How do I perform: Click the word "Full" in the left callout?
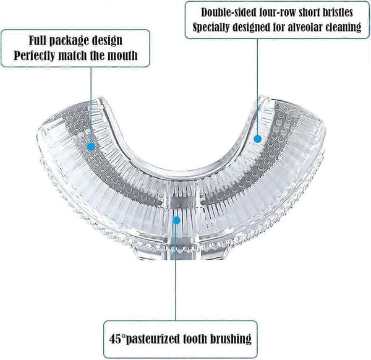pos(38,40)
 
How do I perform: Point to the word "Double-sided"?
pos(229,12)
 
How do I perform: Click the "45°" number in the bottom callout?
pos(117,339)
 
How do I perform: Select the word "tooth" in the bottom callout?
pos(195,339)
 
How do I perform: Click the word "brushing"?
pos(231,340)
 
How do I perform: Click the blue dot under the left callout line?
pos(91,147)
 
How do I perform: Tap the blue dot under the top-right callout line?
pos(258,139)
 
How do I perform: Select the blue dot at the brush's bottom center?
pos(176,221)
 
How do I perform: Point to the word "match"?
pos(72,56)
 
